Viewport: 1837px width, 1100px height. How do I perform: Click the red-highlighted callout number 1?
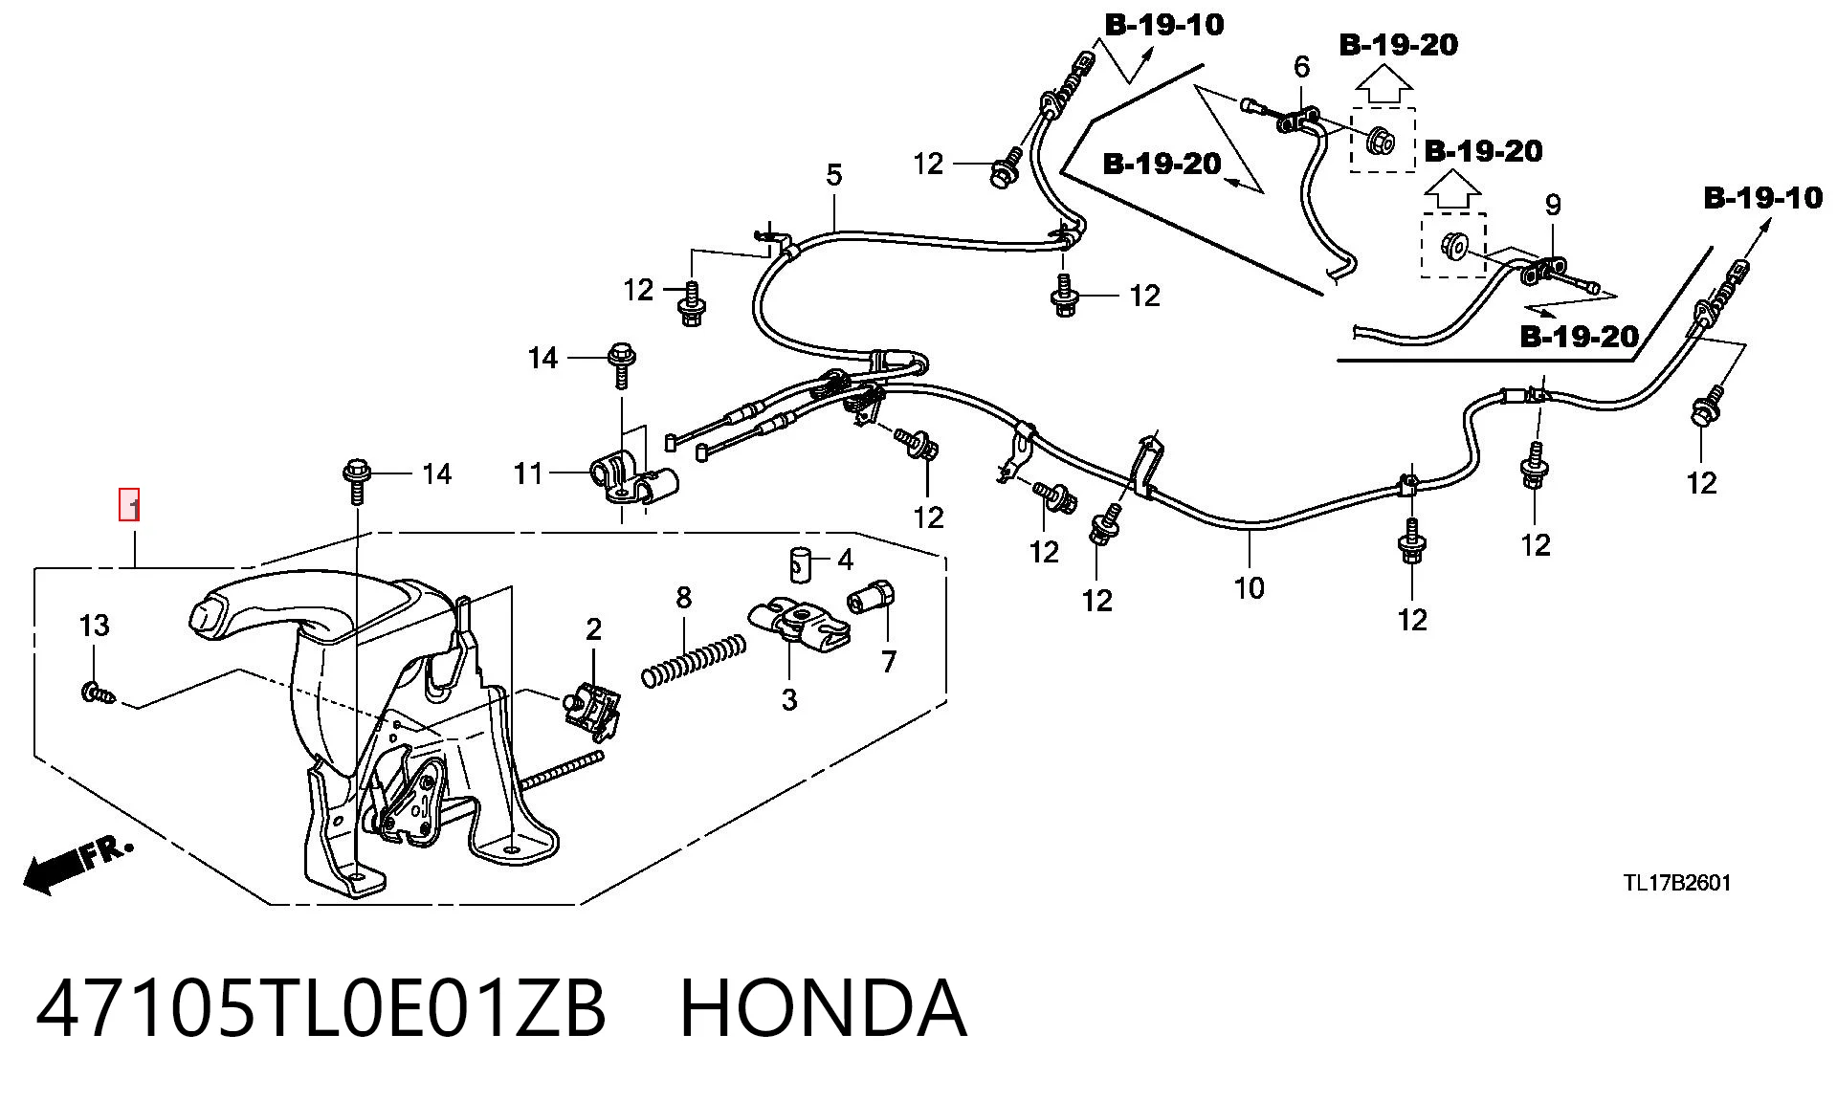point(129,505)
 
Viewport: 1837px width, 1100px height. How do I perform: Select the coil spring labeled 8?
point(694,659)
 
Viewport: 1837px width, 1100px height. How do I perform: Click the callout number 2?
point(593,629)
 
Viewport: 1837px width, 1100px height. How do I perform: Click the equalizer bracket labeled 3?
point(799,623)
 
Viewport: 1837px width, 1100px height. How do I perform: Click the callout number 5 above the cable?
point(834,176)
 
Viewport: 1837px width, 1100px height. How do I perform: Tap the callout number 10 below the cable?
point(1250,587)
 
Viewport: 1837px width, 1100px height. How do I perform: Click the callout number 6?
point(1301,67)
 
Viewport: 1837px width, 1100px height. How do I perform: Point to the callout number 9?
point(1553,205)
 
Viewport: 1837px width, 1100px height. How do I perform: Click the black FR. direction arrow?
point(77,865)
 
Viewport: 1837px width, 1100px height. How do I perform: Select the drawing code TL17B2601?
point(1676,883)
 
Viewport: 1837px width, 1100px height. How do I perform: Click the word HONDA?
point(823,1008)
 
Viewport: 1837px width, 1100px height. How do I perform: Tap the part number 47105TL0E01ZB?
point(321,1008)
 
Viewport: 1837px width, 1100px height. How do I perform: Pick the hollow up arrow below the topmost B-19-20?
point(1384,86)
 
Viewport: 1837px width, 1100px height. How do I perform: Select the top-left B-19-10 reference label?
point(1164,24)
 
